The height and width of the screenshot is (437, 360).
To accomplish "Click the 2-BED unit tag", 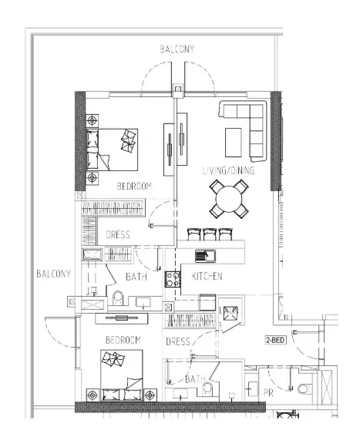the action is [x=275, y=340].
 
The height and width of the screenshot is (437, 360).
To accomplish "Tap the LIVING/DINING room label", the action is [x=228, y=170].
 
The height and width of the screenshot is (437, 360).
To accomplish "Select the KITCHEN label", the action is [x=207, y=276].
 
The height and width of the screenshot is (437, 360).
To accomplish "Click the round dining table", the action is [x=229, y=199].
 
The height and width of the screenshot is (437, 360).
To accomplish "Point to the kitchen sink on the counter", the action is [x=205, y=256].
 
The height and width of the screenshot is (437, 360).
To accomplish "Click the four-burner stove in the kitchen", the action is [x=173, y=280].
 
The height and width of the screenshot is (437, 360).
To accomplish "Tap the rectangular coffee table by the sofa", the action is [x=234, y=143].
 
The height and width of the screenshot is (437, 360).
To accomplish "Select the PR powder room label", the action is [x=268, y=393].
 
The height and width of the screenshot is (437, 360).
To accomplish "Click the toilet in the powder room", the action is [x=304, y=388].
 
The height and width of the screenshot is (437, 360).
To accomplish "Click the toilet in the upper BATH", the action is [x=118, y=298].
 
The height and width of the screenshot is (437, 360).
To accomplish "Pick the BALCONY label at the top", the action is [x=177, y=49].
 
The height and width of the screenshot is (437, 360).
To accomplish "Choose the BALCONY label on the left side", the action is [x=53, y=274].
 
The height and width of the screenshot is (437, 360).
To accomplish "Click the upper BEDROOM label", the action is [x=134, y=186].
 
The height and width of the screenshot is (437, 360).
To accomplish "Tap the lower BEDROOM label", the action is [x=123, y=340].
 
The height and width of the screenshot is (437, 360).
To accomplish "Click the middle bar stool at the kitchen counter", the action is [x=210, y=234].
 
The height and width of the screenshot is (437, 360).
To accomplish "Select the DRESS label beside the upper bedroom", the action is [x=118, y=234].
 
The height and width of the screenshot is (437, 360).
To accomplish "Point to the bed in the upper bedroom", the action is [x=112, y=150].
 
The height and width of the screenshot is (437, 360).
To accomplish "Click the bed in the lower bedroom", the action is [x=122, y=375].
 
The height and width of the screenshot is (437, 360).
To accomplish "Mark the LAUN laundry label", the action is [x=229, y=310].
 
